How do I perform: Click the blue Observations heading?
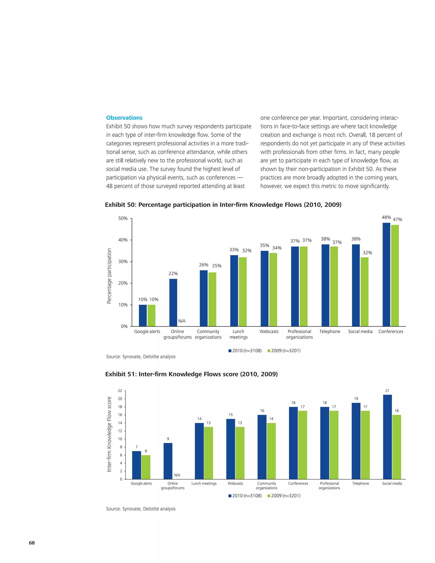[x=124, y=118]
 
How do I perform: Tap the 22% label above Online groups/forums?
[x=173, y=273]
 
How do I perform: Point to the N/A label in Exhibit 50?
[x=182, y=321]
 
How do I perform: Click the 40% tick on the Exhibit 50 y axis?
[x=123, y=240]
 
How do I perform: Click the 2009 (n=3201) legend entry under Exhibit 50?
[x=284, y=351]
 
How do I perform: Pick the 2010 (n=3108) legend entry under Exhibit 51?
[x=245, y=496]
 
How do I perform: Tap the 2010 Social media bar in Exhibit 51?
[x=387, y=437]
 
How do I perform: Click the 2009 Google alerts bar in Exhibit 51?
[x=146, y=467]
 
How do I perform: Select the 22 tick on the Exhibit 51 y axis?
[x=120, y=390]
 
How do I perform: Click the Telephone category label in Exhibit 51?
[x=360, y=483]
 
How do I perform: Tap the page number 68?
[x=32, y=543]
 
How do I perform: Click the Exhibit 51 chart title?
[x=191, y=374]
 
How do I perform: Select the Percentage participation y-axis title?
[x=109, y=276]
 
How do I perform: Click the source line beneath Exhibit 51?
[x=141, y=514]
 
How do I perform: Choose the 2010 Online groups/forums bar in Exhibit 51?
[x=168, y=461]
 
